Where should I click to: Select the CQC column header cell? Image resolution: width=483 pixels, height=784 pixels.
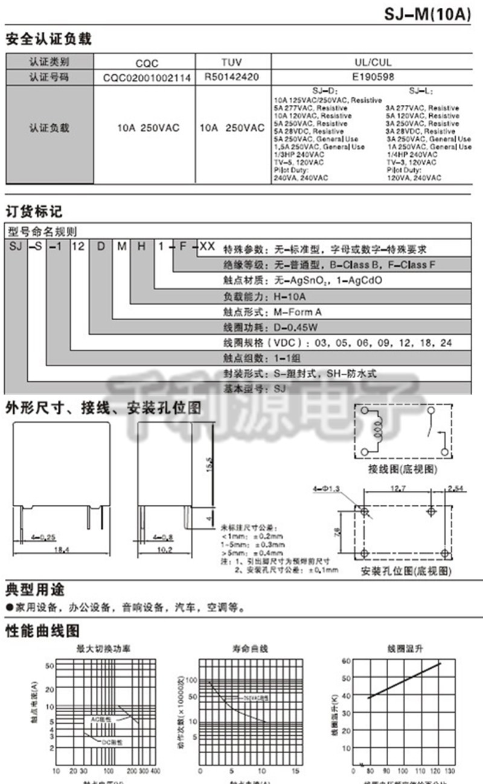coord(146,62)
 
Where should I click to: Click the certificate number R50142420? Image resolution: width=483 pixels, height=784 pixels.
coord(232,77)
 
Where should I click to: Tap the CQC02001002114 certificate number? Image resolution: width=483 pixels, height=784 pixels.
coord(147,77)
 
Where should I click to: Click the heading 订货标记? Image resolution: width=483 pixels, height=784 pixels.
coord(34,212)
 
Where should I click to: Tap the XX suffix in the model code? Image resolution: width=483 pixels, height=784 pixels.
coord(206,247)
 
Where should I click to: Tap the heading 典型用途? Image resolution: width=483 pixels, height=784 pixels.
coord(34,589)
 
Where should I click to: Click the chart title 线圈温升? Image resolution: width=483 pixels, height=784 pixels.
coord(397,649)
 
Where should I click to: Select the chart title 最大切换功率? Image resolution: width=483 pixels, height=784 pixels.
coord(103,649)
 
